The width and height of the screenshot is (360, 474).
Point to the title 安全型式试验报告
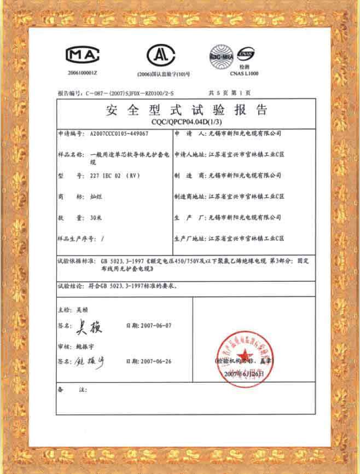[187, 110]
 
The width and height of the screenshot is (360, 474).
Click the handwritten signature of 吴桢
[89, 327]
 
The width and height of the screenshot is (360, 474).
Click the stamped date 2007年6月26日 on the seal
[244, 373]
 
